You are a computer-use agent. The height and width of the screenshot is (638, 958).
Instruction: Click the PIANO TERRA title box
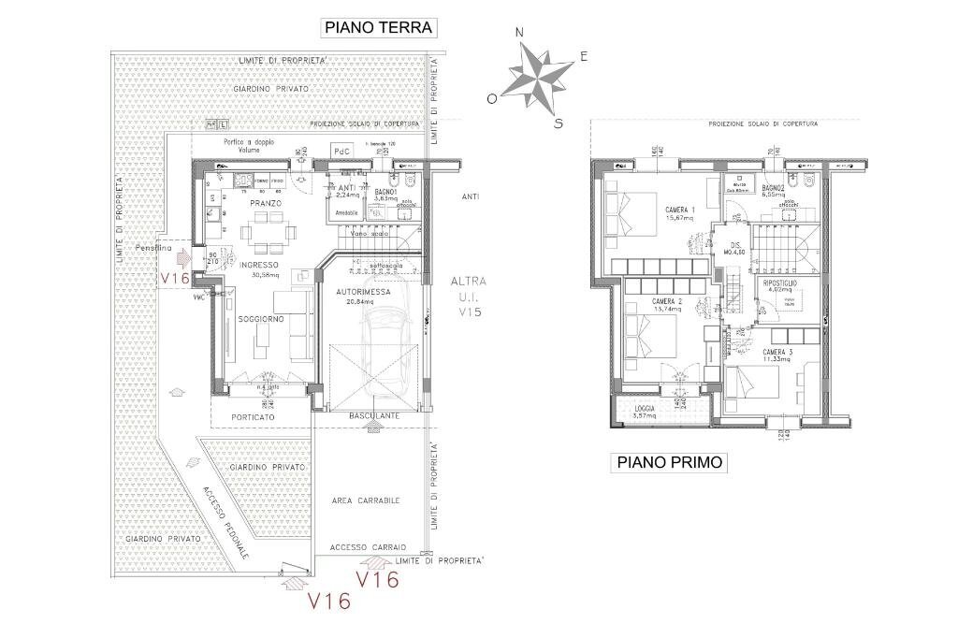(379, 28)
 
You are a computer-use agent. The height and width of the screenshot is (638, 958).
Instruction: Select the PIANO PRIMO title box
(669, 462)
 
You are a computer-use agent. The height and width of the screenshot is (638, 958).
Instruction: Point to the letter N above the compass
(519, 33)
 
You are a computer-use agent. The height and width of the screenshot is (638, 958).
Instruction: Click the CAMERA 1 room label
(680, 209)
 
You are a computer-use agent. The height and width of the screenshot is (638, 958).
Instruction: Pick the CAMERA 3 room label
(777, 352)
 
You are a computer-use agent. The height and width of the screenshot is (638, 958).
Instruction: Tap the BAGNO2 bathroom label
(772, 189)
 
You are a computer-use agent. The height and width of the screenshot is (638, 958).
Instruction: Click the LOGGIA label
(645, 408)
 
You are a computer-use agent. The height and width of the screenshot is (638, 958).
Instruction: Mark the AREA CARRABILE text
(366, 500)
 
